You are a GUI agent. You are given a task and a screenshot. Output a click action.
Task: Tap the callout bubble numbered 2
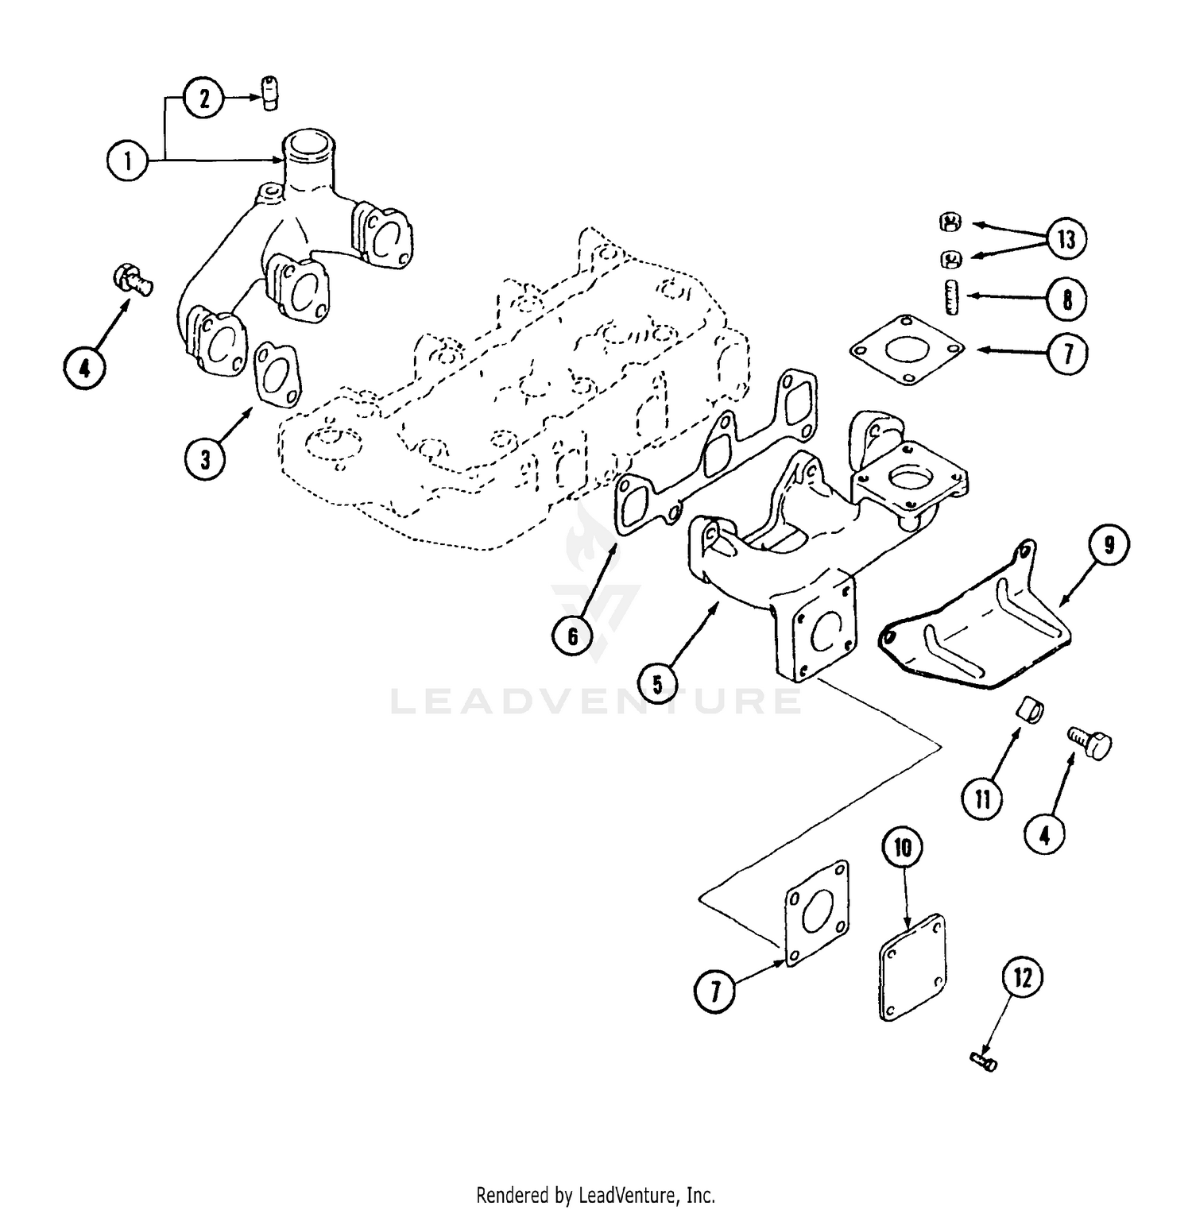pyautogui.click(x=205, y=98)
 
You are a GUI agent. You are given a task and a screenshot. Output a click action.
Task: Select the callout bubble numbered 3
pyautogui.click(x=206, y=458)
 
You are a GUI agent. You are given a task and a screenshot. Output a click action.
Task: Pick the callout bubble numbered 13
pyautogui.click(x=1066, y=238)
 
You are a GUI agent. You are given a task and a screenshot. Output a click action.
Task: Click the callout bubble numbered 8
pyautogui.click(x=1066, y=300)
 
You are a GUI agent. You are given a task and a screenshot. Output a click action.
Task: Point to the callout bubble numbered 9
pyautogui.click(x=1109, y=544)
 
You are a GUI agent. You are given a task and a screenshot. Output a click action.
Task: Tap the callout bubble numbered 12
pyautogui.click(x=1023, y=978)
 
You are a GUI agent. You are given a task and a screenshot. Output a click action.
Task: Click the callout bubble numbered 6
pyautogui.click(x=573, y=636)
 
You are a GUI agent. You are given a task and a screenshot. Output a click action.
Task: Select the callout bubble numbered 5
pyautogui.click(x=658, y=683)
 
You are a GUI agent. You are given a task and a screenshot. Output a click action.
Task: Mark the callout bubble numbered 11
pyautogui.click(x=983, y=798)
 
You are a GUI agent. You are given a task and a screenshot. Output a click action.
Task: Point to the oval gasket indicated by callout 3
pyautogui.click(x=277, y=374)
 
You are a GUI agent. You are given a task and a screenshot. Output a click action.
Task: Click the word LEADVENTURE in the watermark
pyautogui.click(x=596, y=702)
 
